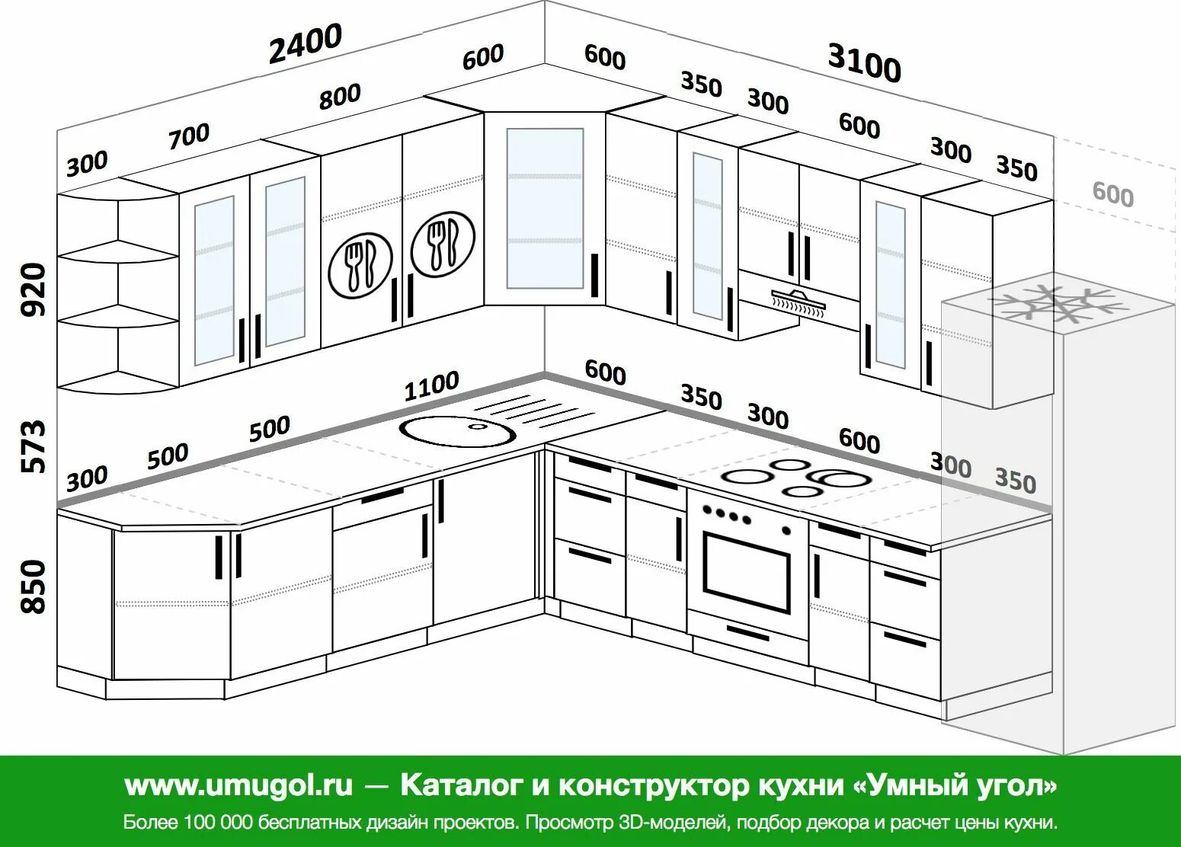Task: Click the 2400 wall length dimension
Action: click(305, 44)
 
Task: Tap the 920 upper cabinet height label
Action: click(35, 289)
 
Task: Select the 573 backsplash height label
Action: click(35, 446)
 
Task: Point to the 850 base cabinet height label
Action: click(35, 587)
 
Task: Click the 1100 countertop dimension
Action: click(431, 386)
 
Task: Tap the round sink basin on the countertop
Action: click(458, 430)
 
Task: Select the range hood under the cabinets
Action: click(798, 302)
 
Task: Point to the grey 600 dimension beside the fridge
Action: click(1112, 194)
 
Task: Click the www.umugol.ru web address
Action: click(238, 785)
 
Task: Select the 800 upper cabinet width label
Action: click(340, 96)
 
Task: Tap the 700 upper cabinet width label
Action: click(188, 136)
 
